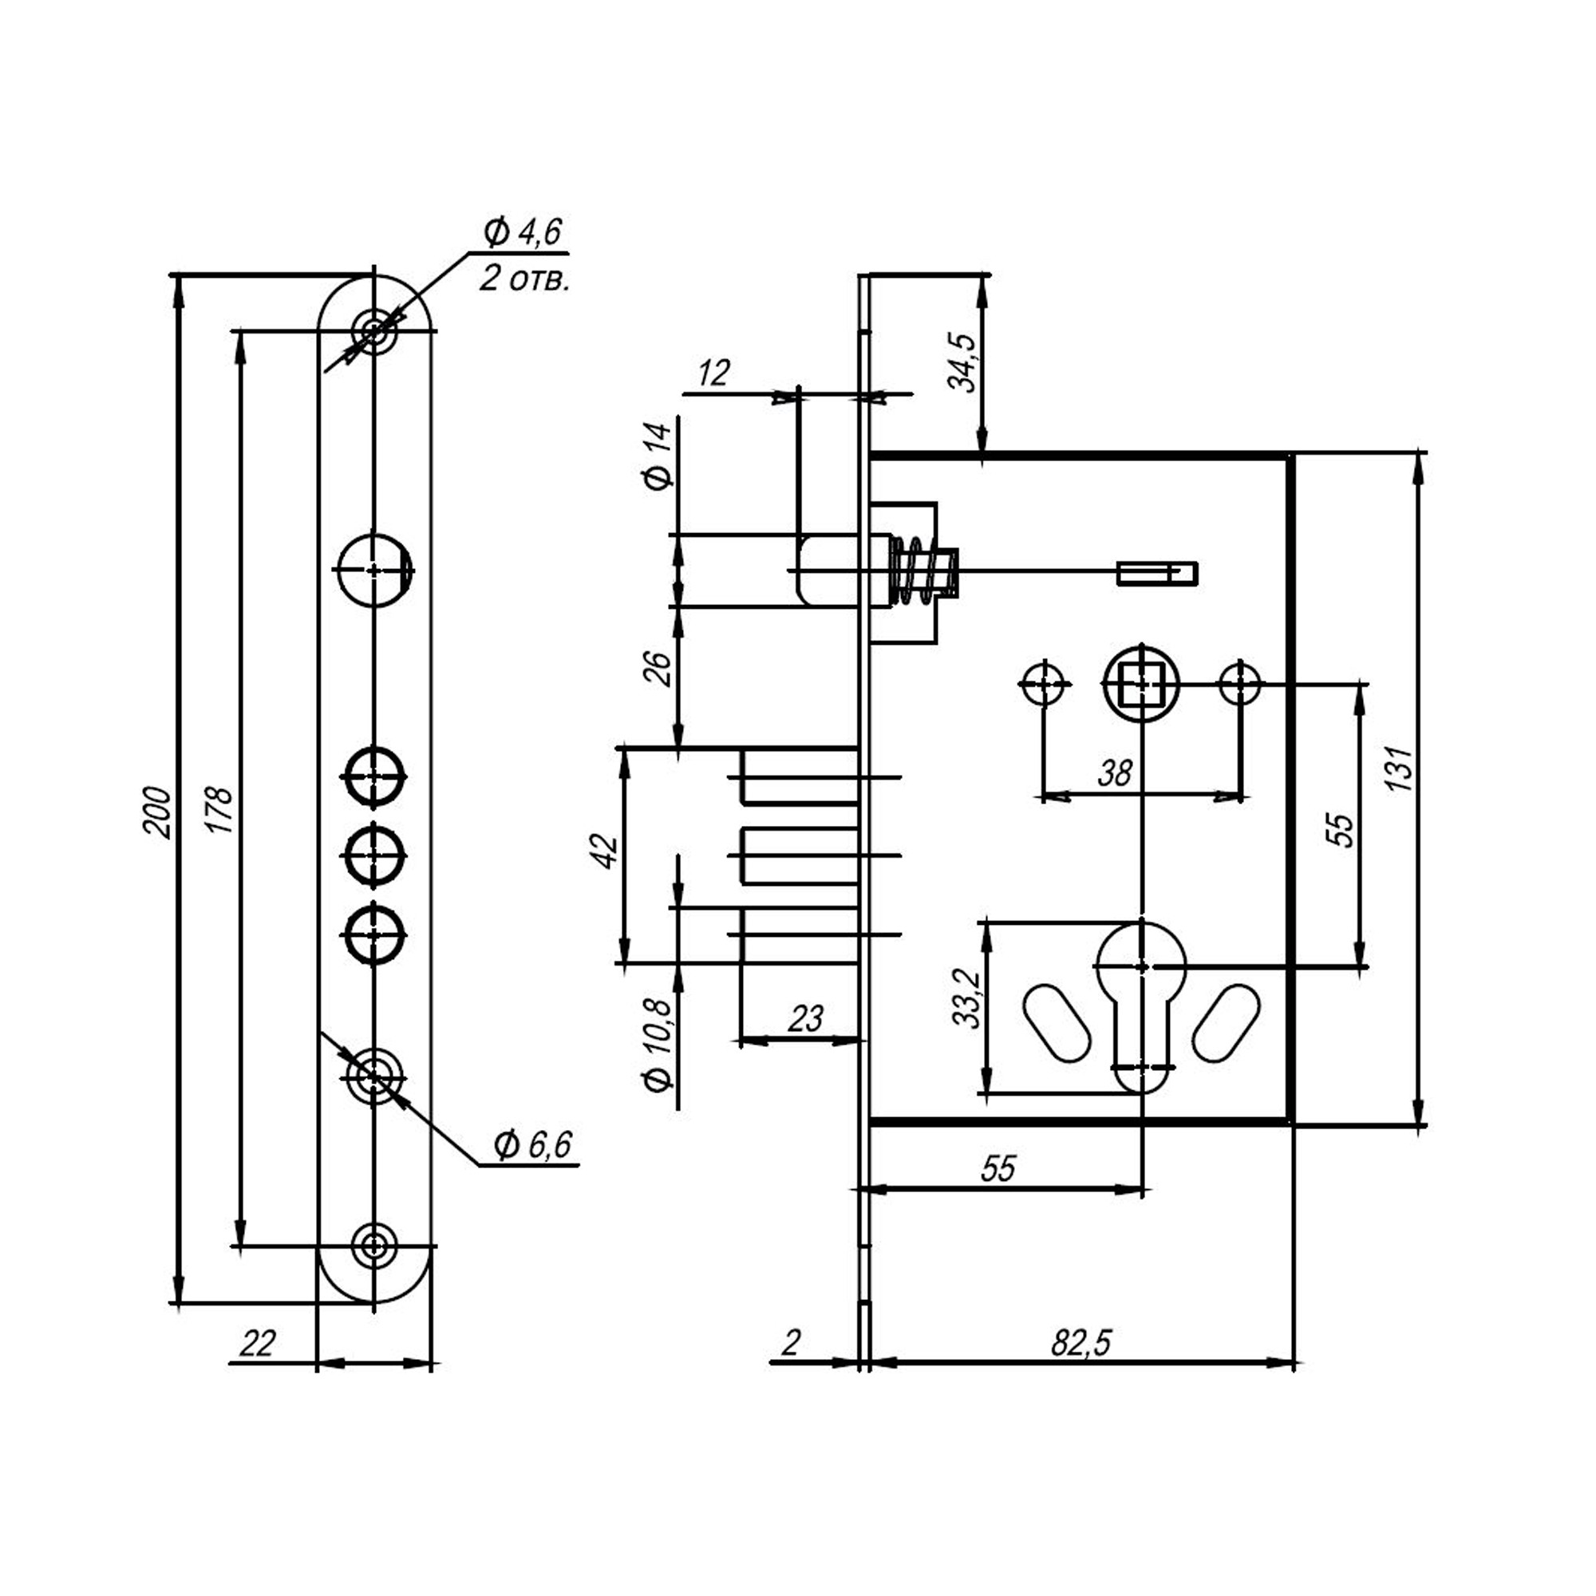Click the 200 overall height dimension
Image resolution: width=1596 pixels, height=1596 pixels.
pos(158,814)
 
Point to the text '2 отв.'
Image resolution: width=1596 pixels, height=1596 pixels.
pos(523,279)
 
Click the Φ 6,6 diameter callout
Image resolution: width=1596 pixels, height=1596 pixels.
pos(533,1145)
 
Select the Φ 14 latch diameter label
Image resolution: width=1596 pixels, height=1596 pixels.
pos(658,456)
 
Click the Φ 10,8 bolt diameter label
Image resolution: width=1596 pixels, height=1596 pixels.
pos(658,1046)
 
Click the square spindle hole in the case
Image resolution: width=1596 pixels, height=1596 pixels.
pos(1142,683)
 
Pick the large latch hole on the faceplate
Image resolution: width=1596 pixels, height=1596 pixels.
pos(374,570)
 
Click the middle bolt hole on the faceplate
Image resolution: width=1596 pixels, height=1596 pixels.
pos(374,855)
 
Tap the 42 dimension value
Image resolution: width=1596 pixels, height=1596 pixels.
pos(606,851)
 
